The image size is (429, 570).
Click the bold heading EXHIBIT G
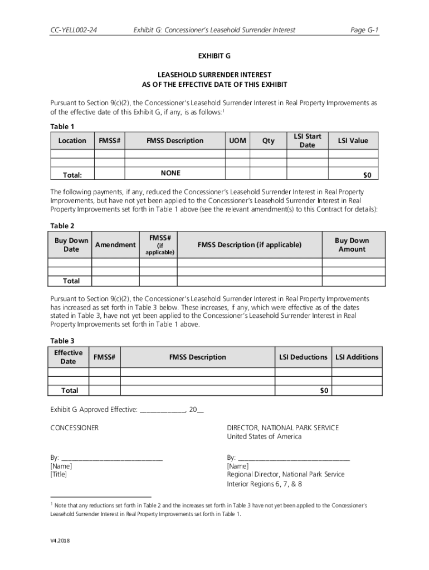[x=214, y=56]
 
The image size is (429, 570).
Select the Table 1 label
[x=62, y=126]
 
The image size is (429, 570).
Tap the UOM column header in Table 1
[x=237, y=141]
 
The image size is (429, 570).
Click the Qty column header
[x=269, y=141]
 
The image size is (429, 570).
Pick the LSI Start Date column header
[x=308, y=141]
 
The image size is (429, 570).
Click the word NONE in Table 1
[x=170, y=173]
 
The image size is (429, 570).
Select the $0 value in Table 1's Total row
[x=367, y=175]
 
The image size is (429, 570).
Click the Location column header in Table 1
[x=72, y=141]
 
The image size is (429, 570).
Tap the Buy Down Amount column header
[x=352, y=245]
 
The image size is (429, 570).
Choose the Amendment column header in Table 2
[x=115, y=245]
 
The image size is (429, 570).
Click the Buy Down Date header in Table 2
[x=71, y=245]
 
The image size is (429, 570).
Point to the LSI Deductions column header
[x=303, y=357]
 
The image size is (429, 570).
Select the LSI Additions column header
[x=357, y=357]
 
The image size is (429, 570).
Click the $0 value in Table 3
[x=324, y=391]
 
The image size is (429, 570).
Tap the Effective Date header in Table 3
[x=69, y=357]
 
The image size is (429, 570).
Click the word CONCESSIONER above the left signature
[x=75, y=427]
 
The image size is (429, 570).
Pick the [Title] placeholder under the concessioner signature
[x=58, y=474]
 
